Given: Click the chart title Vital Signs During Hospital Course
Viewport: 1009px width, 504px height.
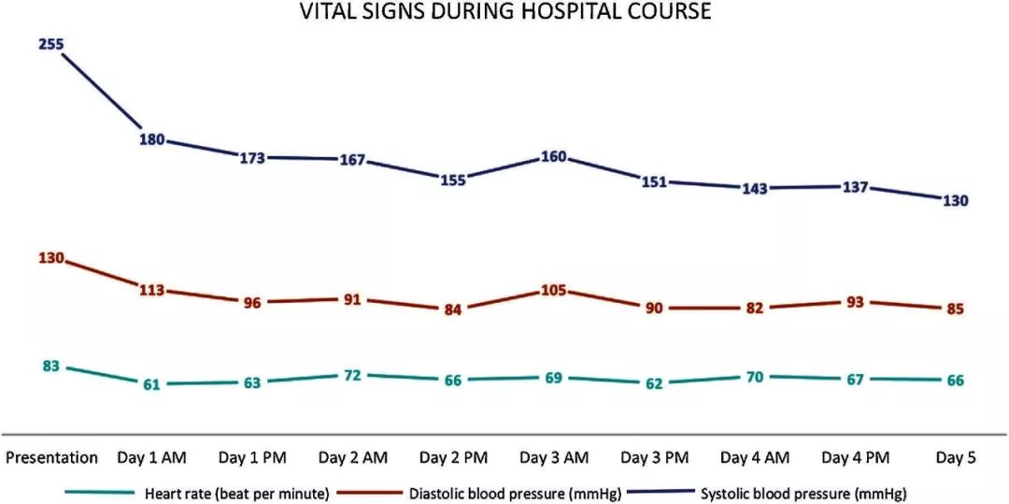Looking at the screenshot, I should tap(504, 12).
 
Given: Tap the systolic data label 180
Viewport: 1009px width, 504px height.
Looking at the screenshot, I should tap(152, 140).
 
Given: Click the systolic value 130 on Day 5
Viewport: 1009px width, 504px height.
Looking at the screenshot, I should tap(954, 200).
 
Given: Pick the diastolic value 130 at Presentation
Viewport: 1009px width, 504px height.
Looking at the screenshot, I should tap(50, 257).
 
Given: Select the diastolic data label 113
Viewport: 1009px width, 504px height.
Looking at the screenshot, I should tap(151, 290).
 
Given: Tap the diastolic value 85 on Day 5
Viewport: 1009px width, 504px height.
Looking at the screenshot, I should tap(954, 309).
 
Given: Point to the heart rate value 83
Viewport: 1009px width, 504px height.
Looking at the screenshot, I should tap(50, 366).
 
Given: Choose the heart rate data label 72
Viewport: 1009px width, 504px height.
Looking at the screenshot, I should tap(352, 374).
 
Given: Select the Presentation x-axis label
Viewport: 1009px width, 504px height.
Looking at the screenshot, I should tap(51, 457).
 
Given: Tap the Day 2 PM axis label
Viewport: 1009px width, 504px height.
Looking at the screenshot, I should tap(453, 457).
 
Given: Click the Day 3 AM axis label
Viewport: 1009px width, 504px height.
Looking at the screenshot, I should tap(554, 457).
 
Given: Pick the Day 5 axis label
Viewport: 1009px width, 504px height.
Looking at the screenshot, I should tap(956, 457).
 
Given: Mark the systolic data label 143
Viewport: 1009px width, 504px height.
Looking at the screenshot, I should tap(755, 188).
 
